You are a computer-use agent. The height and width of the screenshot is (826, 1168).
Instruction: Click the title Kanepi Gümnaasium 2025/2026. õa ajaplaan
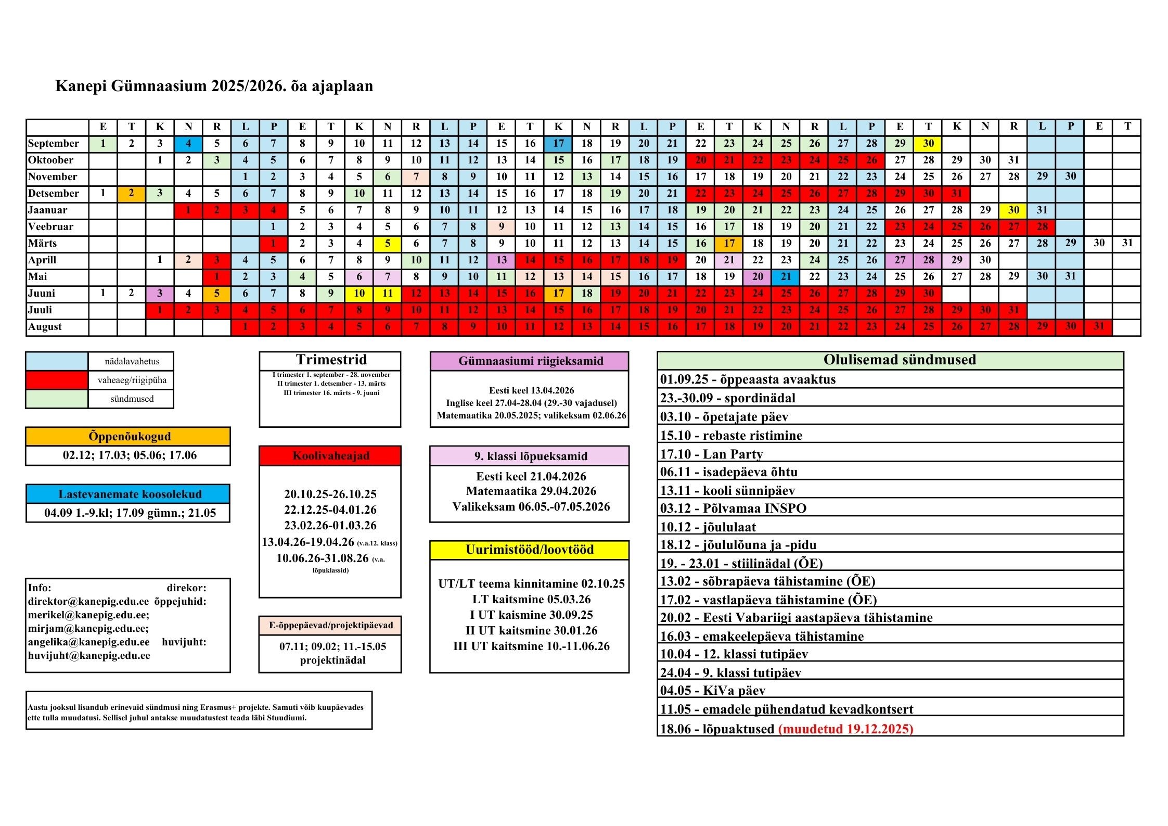(x=214, y=86)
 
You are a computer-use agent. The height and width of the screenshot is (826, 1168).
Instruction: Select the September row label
(x=54, y=144)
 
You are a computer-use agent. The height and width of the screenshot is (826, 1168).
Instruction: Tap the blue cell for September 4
(x=188, y=144)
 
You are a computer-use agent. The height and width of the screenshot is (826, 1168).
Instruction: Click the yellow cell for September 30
(x=928, y=144)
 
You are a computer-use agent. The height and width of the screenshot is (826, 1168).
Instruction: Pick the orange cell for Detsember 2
(x=131, y=194)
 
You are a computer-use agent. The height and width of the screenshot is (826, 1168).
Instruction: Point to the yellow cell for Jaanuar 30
(x=1013, y=210)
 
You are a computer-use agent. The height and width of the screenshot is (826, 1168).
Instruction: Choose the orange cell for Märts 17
(x=729, y=244)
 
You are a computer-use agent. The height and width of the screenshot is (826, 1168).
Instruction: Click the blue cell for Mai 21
(x=786, y=277)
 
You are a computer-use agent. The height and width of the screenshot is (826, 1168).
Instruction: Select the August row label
(x=45, y=327)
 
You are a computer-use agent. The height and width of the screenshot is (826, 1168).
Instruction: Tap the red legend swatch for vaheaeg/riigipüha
(x=57, y=380)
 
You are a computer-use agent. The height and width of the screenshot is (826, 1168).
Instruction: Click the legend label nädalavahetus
(x=132, y=361)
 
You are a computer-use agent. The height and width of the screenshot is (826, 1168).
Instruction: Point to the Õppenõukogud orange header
(x=128, y=436)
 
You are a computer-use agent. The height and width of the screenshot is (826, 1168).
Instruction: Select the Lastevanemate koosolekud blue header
(x=128, y=494)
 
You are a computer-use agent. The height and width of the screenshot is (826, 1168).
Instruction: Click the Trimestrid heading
(x=331, y=360)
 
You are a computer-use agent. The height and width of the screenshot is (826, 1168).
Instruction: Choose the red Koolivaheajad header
(x=330, y=456)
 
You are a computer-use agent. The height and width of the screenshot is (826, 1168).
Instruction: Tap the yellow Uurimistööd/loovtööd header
(x=530, y=550)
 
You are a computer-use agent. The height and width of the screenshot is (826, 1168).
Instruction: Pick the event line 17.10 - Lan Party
(x=712, y=454)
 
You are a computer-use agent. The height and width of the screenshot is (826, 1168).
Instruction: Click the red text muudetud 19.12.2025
(x=846, y=729)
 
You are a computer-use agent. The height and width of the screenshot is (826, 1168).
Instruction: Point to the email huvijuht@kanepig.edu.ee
(x=89, y=656)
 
